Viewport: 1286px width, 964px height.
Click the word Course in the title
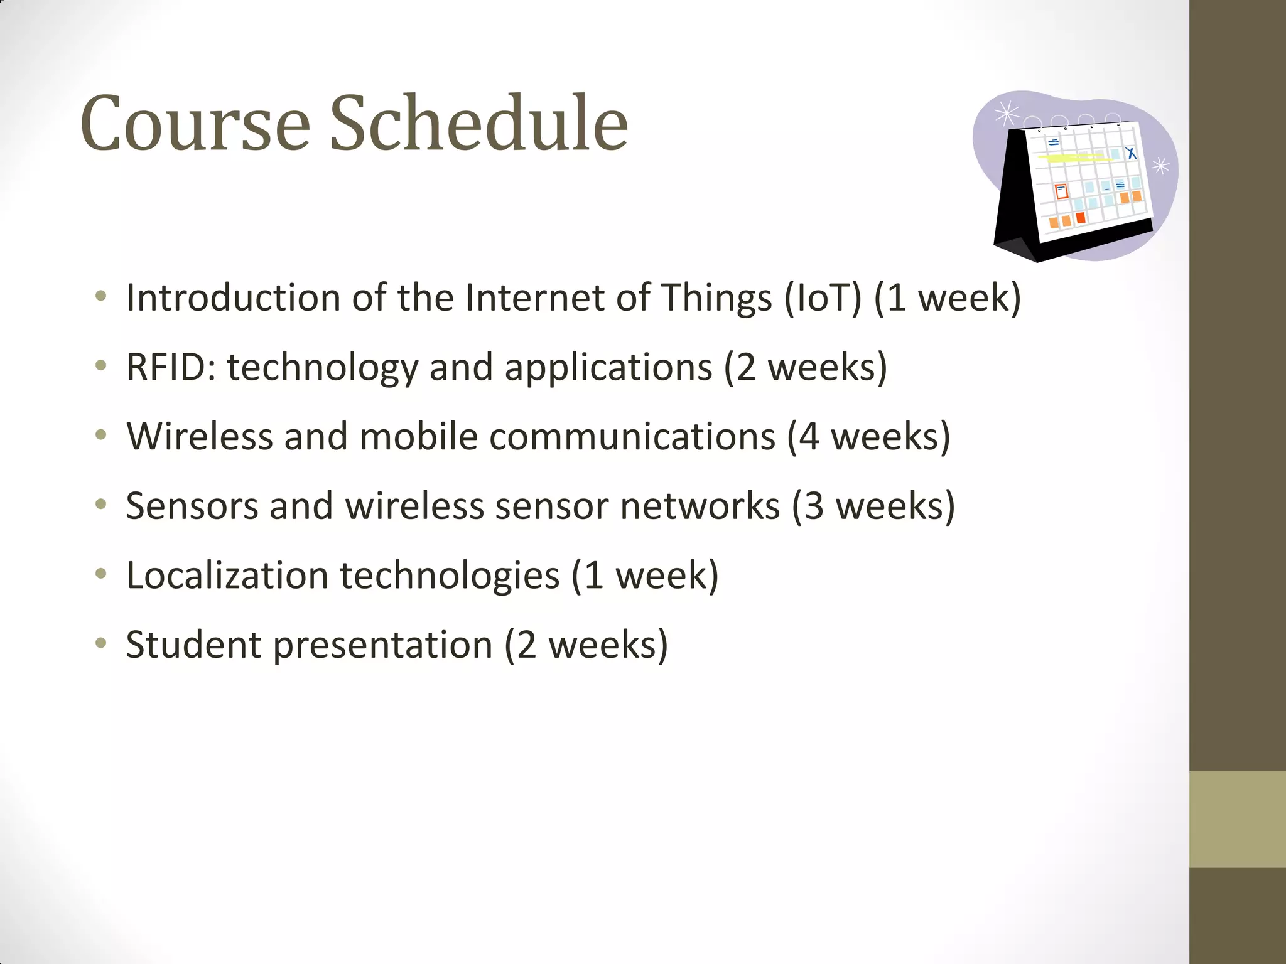coord(195,123)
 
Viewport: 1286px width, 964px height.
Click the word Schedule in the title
coord(478,123)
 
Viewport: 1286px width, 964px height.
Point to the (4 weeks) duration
coord(868,437)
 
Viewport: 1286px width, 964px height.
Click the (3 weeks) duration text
coord(873,506)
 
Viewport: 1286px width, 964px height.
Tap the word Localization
coord(227,576)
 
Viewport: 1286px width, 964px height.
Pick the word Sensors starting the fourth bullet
coord(192,506)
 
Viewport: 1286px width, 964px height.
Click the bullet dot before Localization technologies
coord(100,574)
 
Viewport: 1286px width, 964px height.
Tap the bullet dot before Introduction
coord(100,296)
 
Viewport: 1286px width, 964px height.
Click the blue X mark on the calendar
coord(1131,153)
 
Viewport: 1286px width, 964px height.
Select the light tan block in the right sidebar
coord(1237,819)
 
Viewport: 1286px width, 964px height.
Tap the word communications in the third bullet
coord(632,437)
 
